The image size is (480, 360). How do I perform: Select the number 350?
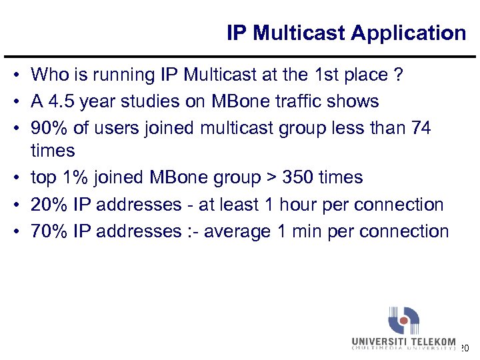pyautogui.click(x=297, y=178)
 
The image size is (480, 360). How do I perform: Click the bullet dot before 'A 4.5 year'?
pyautogui.click(x=21, y=101)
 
